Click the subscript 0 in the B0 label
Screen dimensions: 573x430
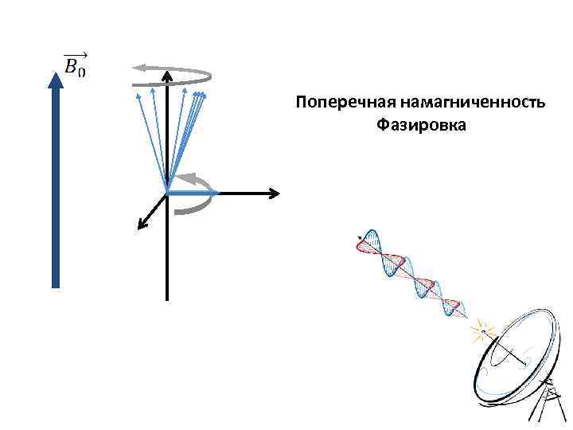click(x=82, y=72)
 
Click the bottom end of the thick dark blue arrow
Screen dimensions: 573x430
click(x=56, y=283)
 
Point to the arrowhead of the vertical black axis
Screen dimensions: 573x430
click(x=167, y=76)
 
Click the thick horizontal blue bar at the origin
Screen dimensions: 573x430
click(x=191, y=192)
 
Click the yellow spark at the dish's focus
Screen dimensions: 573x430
click(x=481, y=328)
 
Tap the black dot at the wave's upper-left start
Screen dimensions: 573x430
click(x=361, y=237)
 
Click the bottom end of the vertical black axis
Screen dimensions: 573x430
click(x=167, y=298)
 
